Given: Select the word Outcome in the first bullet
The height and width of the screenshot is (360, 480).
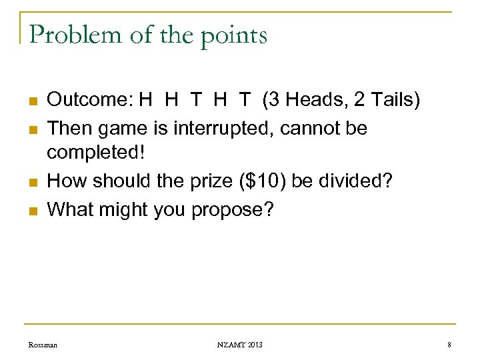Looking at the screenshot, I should coord(89,100).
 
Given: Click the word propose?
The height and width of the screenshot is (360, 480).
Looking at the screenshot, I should coord(232,210).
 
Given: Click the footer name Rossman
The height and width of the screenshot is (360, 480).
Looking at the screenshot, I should coord(43,345).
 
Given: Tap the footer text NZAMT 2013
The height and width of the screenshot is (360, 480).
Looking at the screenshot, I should coord(239,345).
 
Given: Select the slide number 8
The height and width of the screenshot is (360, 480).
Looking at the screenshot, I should coord(449,345).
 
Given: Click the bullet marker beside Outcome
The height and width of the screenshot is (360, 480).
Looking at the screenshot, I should coord(32,102).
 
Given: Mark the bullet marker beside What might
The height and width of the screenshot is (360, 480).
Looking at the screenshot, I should coord(32,211).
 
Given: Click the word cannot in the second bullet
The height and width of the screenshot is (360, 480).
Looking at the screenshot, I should coord(313,127).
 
